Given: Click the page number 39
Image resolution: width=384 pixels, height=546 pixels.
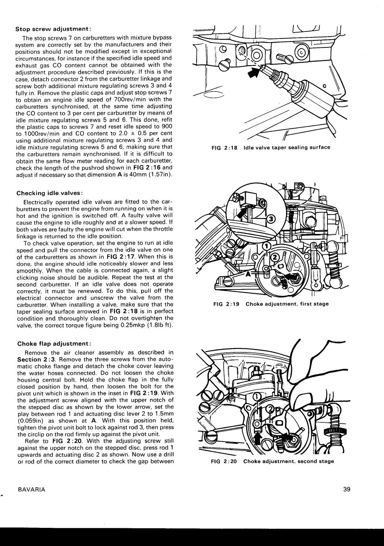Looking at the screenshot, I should point(346,489).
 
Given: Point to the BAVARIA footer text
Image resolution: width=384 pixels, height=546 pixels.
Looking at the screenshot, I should point(31,489).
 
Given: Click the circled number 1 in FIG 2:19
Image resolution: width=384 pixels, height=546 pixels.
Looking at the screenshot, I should point(266,246).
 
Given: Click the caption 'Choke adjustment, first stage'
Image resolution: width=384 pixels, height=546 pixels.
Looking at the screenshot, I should point(287,304).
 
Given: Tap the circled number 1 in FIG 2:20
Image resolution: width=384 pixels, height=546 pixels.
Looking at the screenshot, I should point(256,397).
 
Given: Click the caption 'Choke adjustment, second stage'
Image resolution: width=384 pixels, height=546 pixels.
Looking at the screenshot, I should point(288,461).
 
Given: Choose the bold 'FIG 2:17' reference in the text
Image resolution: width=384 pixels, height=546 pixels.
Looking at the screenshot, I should point(117,257).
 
